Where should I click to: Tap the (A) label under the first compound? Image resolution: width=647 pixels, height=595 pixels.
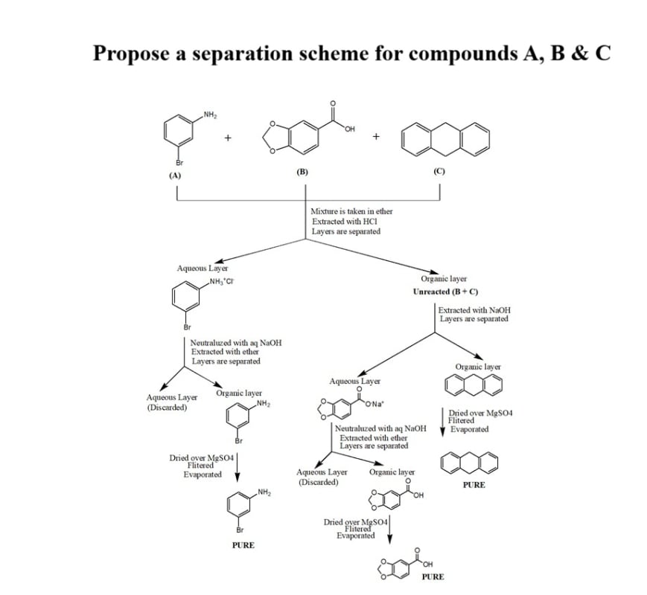[x=176, y=176]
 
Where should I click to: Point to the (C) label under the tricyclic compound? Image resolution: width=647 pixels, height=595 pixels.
[x=439, y=172]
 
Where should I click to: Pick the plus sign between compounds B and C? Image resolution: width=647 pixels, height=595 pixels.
[x=377, y=136]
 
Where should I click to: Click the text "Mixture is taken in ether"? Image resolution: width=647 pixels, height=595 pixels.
[x=351, y=212]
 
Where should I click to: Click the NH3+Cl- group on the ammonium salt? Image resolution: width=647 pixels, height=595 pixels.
[x=220, y=281]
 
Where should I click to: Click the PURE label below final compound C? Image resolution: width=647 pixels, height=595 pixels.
[x=474, y=485]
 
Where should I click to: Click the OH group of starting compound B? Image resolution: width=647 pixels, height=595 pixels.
[x=348, y=131]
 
